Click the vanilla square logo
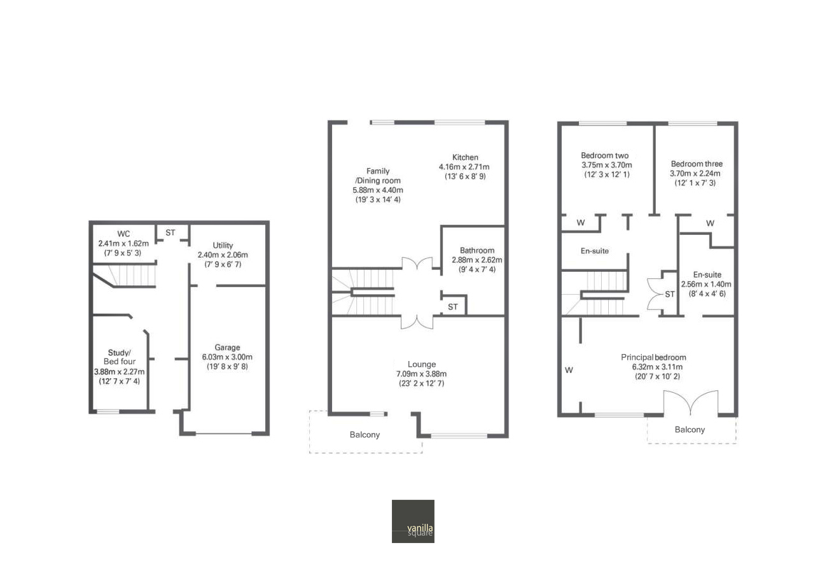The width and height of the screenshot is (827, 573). (413, 521)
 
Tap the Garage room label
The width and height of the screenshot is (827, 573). (227, 347)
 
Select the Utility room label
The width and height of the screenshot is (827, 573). (223, 245)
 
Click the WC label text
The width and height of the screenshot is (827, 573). (123, 234)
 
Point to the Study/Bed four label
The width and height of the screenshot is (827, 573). (119, 357)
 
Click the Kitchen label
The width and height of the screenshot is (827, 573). (465, 157)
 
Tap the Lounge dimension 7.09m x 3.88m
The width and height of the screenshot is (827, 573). (421, 374)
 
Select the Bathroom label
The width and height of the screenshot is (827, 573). (477, 250)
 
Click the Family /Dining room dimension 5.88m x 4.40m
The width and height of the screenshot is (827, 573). (378, 190)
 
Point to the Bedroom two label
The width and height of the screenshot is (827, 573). (605, 155)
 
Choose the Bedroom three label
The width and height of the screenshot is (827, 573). (697, 164)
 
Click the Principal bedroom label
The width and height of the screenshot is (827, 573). (653, 357)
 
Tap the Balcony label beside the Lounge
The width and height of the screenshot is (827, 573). (365, 434)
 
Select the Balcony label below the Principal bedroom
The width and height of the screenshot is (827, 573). (690, 429)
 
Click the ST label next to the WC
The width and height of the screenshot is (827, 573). (170, 233)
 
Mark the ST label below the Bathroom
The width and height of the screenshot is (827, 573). (453, 307)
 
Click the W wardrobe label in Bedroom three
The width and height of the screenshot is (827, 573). (710, 223)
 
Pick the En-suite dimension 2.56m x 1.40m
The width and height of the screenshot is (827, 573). (706, 284)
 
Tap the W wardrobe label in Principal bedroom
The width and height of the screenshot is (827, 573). (569, 370)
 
